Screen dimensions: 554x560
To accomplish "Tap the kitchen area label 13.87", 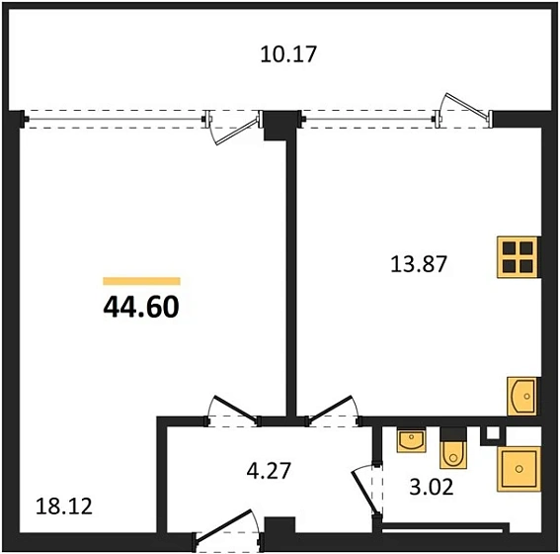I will pos(419,264).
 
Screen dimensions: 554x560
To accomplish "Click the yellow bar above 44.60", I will pos(141,282).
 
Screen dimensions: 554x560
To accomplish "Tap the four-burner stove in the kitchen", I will pos(518,256).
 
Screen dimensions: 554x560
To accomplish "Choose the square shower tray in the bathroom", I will pos(519,469).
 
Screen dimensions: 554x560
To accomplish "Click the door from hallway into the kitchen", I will pos(332,409).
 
